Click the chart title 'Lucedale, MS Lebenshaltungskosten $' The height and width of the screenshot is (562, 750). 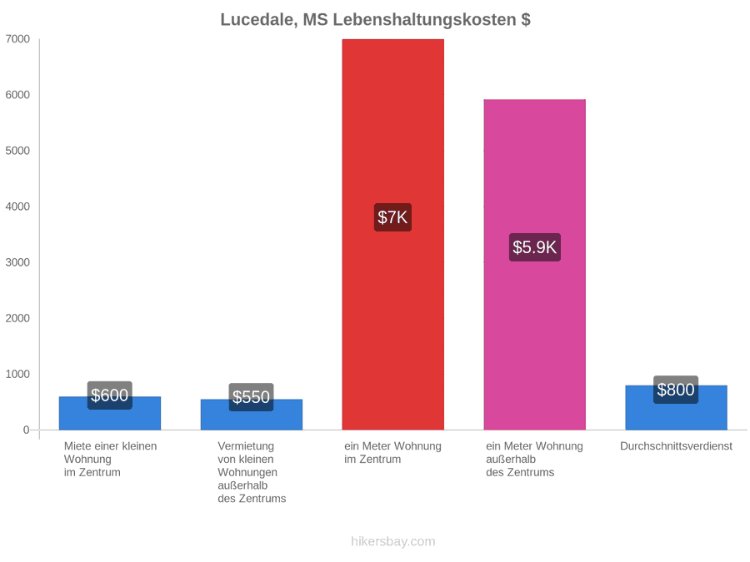coord(375,20)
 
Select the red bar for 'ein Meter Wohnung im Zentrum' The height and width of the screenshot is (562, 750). coord(392,234)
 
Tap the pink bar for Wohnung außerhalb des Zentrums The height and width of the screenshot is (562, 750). coord(534,264)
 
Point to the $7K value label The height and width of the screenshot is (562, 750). coord(392,217)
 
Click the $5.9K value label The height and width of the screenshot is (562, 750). coord(534,247)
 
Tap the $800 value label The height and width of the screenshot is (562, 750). coord(676,390)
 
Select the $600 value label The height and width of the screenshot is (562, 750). coord(109,395)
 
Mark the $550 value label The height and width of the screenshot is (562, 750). coord(251,397)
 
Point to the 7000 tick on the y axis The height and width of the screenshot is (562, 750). coord(17,39)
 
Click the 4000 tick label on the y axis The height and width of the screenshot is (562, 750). coord(17,206)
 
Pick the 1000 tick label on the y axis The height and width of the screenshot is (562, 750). coord(17,374)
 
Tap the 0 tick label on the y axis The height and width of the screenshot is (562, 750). coord(27,430)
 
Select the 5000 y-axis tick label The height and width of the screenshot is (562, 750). coord(17,151)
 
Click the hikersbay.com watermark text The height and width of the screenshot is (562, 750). coord(393,541)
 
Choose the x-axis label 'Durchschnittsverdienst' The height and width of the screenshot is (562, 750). coord(676,446)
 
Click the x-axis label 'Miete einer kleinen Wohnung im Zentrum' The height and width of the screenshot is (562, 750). coord(110,460)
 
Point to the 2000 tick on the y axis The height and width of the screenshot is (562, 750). coord(17,318)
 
